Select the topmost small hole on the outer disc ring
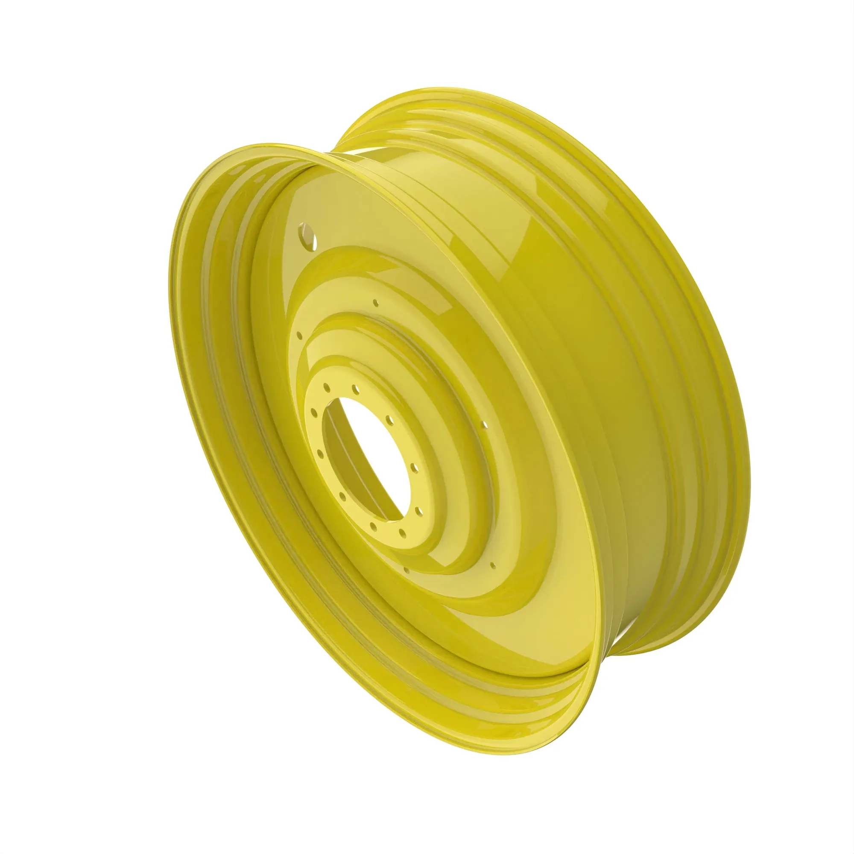pyautogui.click(x=376, y=303)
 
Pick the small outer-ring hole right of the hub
pyautogui.click(x=485, y=424)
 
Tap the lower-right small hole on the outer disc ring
pyautogui.click(x=492, y=564)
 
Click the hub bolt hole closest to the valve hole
pyautogui.click(x=327, y=388)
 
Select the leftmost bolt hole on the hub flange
pyautogui.click(x=313, y=413)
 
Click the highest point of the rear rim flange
pyautogui.click(x=442, y=88)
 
